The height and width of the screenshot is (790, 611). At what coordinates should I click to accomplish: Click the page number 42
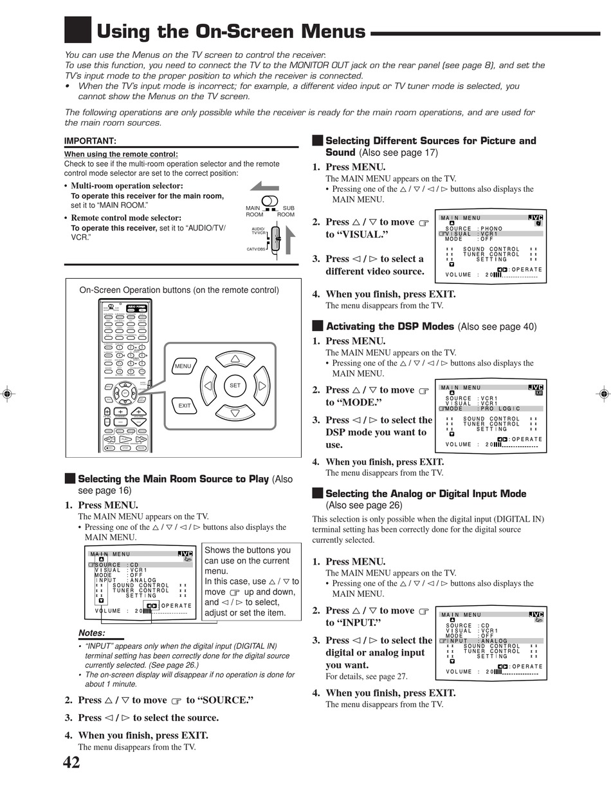tap(71, 763)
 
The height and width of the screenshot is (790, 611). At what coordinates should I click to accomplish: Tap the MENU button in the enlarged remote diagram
tap(183, 366)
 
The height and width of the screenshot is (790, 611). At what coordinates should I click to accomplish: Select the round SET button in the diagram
tap(235, 386)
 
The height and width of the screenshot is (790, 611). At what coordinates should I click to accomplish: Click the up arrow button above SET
tap(235, 359)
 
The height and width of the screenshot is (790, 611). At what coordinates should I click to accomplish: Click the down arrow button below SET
tap(235, 413)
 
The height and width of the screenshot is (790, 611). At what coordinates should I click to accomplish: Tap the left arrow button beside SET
tap(208, 386)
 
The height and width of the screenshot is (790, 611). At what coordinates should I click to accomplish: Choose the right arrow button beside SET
tap(262, 386)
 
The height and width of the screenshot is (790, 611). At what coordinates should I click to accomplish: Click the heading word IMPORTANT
tap(90, 141)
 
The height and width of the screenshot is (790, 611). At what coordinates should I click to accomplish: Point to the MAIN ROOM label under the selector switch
tap(255, 211)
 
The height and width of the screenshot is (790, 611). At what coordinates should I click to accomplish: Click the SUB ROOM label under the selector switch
tap(286, 211)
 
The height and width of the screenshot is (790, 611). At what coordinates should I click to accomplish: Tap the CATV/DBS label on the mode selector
tap(257, 249)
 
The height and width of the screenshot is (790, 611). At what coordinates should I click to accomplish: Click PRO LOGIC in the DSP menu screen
tap(500, 409)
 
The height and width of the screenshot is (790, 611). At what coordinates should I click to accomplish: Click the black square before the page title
tap(78, 30)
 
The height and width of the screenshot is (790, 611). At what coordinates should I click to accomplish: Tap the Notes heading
tap(91, 633)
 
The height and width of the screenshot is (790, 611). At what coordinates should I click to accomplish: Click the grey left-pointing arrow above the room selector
tap(264, 187)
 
